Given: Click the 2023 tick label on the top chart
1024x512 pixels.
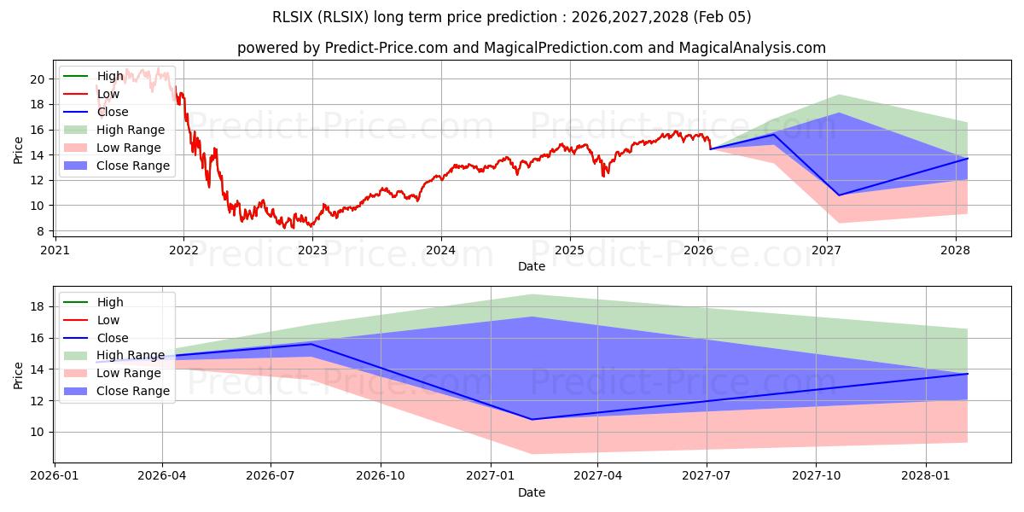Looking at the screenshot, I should [x=312, y=250].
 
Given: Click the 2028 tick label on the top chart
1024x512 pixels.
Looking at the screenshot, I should [x=955, y=250].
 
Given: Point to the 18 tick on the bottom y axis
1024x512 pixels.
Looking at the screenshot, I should [x=38, y=306].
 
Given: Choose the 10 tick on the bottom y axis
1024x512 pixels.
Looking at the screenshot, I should [x=38, y=432].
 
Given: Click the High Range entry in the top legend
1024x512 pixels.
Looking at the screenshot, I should [x=131, y=130].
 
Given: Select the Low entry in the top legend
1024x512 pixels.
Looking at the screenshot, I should [x=109, y=94].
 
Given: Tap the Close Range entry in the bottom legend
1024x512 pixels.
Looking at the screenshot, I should [x=133, y=391].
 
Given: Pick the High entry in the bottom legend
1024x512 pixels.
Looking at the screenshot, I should [x=110, y=302].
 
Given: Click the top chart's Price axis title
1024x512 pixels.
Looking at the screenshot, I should [x=19, y=148].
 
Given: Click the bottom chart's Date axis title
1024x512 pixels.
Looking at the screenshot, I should [x=532, y=492].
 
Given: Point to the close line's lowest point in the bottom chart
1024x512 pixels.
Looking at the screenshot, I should [x=532, y=419].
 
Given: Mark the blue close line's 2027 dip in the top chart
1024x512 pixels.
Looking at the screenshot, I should [x=839, y=195].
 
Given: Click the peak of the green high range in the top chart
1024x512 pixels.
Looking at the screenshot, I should [x=840, y=95].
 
